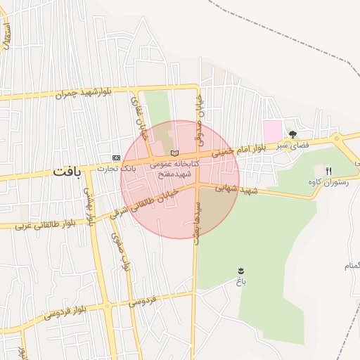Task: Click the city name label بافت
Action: point(66,172)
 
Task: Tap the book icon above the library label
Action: point(175,154)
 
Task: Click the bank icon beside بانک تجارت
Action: point(116,157)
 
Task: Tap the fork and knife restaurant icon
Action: point(328,171)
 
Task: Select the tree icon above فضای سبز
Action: point(292,134)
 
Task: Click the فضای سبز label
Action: point(292,144)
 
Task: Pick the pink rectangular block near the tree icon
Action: point(272,130)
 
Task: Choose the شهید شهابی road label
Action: point(237,189)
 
